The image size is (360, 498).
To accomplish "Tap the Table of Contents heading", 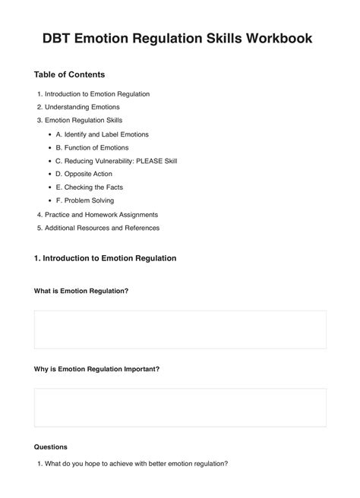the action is point(69,75).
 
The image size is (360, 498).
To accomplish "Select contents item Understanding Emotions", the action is point(82,107).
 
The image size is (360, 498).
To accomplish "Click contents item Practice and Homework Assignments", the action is point(101,215).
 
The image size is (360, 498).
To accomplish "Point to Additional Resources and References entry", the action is point(102,228).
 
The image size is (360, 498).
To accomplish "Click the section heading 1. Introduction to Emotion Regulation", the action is point(105,258).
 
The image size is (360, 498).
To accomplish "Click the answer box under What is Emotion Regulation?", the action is point(180,329).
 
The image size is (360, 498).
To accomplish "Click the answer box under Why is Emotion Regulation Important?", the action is point(180,408).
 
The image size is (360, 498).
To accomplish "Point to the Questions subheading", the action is point(51,447).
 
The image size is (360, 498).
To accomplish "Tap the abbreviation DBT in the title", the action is point(68,39).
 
